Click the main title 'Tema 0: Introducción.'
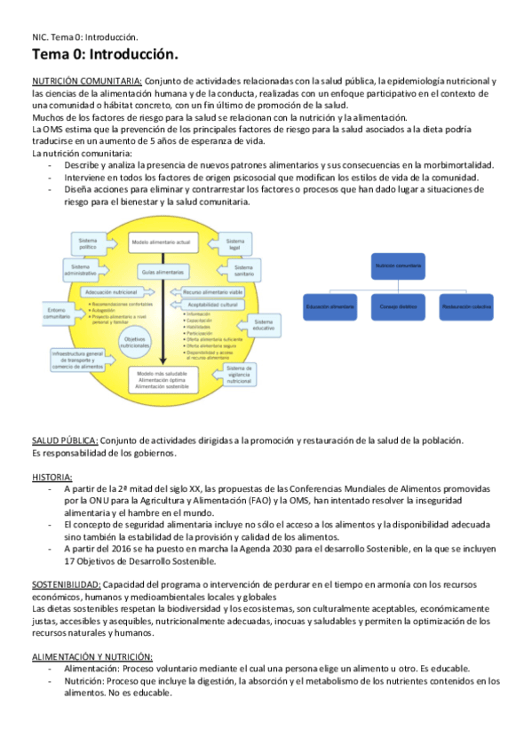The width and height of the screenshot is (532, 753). click(105, 56)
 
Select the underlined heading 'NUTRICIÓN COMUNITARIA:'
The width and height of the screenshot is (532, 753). click(86, 81)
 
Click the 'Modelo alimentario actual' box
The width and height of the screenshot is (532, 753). click(161, 242)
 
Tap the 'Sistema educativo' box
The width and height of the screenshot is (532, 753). click(264, 325)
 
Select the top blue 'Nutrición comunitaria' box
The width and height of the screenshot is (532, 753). click(398, 265)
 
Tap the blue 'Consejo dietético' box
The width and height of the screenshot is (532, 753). click(397, 306)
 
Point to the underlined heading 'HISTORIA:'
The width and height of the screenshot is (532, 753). click(52, 477)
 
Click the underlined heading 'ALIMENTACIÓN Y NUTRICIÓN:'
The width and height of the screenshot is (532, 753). click(92, 656)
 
